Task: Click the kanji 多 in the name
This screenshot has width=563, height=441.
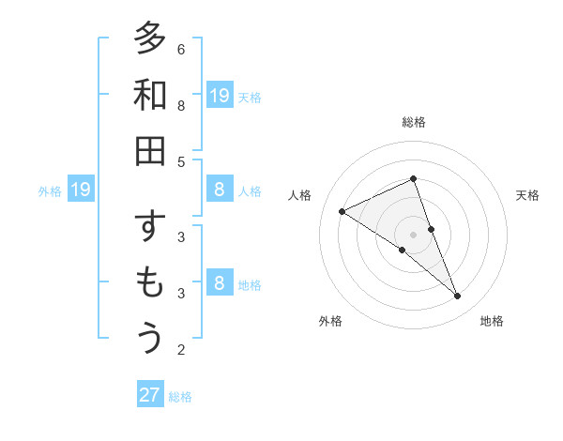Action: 150,39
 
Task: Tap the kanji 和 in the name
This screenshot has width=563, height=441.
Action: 150,96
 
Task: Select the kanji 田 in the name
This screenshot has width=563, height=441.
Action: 150,151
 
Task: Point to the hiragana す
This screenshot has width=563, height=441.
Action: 150,228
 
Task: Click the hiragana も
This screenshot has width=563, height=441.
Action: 150,283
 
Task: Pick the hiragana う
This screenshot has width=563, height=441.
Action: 150,339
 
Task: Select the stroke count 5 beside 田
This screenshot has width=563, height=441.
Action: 181,161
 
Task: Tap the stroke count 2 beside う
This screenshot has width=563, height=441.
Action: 181,350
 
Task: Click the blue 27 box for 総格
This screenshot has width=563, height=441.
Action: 150,395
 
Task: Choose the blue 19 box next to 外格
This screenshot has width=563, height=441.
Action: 81,190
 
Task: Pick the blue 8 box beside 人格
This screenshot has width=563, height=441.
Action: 220,190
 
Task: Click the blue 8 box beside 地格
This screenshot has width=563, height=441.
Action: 220,284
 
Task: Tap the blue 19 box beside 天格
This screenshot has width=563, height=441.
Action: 220,96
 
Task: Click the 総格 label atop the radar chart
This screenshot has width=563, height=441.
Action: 414,122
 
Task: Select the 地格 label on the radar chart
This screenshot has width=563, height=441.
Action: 492,321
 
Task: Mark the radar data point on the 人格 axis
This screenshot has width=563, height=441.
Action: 342,211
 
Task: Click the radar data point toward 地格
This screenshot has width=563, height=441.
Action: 458,297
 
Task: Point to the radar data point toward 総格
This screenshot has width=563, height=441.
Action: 414,178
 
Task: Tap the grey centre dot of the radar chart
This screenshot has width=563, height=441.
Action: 414,235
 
